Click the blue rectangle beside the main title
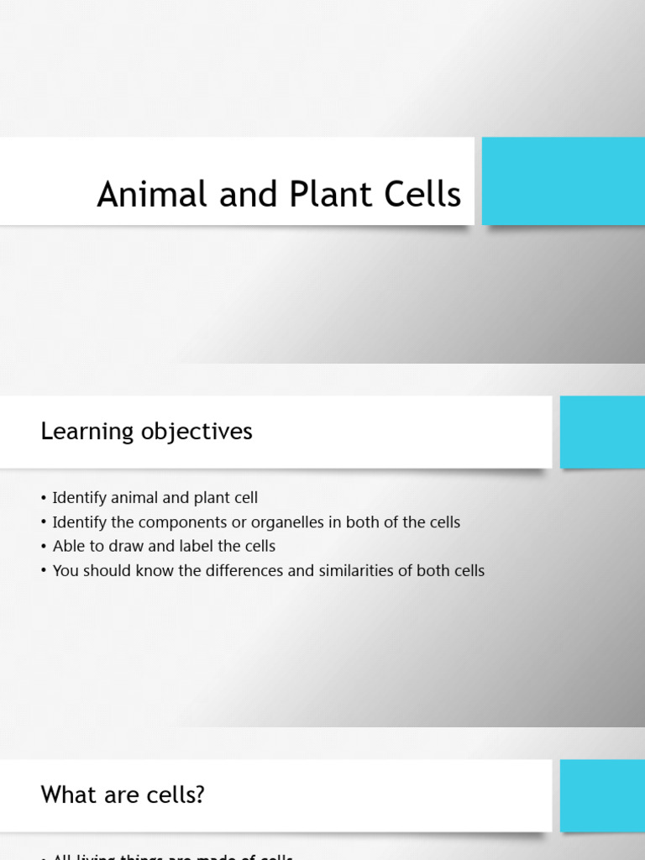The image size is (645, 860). point(563,181)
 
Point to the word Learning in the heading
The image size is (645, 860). point(87,432)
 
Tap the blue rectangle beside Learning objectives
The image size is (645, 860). point(602,432)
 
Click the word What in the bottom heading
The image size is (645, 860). point(68,794)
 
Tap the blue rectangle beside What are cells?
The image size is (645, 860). point(602,794)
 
